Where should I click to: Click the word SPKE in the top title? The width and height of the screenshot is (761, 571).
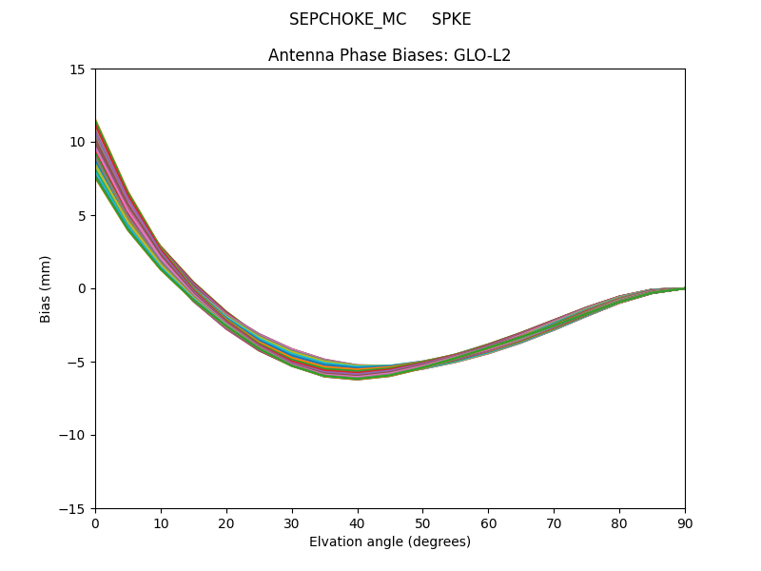coord(451,19)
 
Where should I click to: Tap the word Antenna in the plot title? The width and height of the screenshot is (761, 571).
coord(301,55)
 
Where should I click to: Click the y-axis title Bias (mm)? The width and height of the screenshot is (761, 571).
coord(45,288)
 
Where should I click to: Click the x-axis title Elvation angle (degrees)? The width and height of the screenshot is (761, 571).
coord(390,542)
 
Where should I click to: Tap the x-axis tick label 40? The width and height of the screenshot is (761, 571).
coord(358,522)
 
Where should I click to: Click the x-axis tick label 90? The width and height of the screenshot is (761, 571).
coord(685,522)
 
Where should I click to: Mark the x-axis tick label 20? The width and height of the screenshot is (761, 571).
coord(226,522)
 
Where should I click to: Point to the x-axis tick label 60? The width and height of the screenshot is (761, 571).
coord(488,522)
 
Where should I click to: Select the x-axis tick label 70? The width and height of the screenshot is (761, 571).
coord(554,522)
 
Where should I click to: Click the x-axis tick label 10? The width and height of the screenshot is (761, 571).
coord(161,522)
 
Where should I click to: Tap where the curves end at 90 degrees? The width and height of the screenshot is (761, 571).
coord(684,288)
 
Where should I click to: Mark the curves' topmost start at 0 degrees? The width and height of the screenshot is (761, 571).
coord(96,121)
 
